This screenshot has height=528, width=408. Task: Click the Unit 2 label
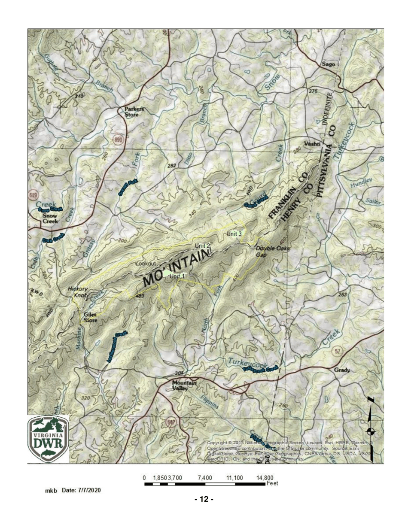202,246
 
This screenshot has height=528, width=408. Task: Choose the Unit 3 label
235,233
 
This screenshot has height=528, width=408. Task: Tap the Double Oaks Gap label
267,252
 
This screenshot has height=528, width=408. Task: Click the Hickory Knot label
77,292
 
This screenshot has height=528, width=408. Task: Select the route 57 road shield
338,352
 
